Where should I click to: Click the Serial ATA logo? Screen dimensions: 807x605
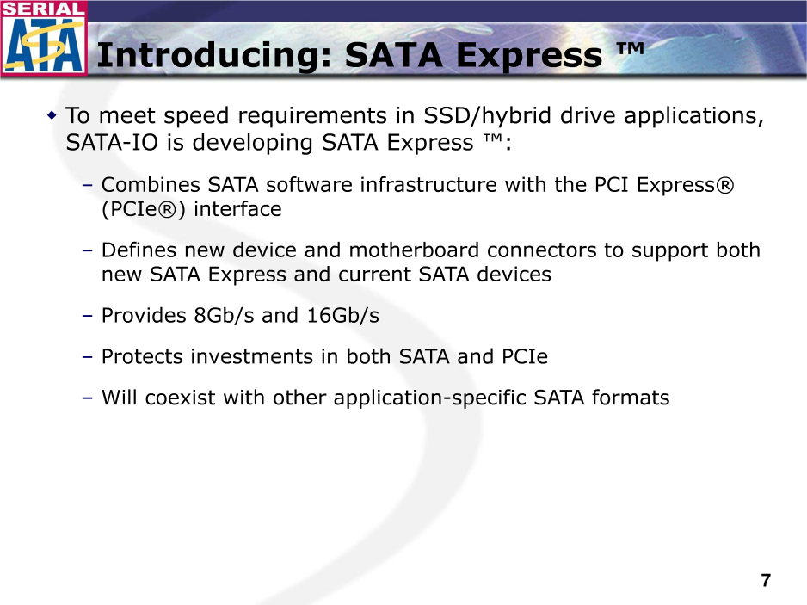[x=44, y=38]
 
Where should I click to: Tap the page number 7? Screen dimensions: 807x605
[x=766, y=580]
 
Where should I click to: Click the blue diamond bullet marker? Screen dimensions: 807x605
[x=52, y=114]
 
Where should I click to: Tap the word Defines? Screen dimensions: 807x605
[x=139, y=250]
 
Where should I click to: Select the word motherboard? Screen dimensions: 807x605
[x=414, y=250]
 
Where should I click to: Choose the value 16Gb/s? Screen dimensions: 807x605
[x=342, y=316]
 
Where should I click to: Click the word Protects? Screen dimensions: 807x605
[x=142, y=357]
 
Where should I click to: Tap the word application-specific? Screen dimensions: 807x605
[x=430, y=398]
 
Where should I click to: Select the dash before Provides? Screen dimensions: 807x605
[x=88, y=316]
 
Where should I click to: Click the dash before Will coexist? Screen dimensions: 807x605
[x=88, y=398]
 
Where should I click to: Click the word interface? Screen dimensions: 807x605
[x=237, y=209]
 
